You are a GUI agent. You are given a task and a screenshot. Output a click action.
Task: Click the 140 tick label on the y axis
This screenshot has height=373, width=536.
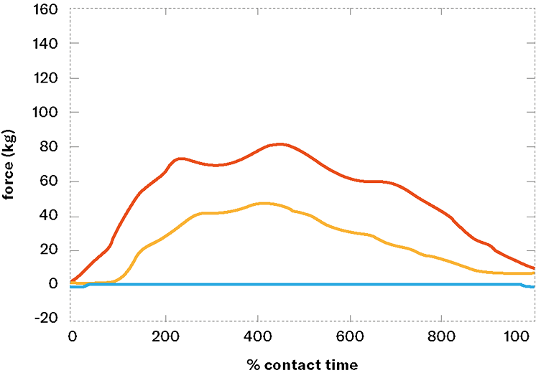48,44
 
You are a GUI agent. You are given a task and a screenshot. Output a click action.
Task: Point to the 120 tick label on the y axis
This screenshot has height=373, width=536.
48,78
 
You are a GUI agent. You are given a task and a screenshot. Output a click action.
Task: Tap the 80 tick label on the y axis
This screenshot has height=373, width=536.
52,147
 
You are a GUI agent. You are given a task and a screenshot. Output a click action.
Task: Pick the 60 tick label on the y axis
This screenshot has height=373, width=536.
52,181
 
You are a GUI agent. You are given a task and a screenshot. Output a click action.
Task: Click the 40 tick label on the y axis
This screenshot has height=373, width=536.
52,216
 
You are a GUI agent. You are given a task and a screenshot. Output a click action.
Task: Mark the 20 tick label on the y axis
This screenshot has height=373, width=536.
52,250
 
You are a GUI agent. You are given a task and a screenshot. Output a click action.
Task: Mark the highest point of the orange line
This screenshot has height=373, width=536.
266,204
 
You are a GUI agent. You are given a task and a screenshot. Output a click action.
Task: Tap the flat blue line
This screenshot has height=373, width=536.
302,285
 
